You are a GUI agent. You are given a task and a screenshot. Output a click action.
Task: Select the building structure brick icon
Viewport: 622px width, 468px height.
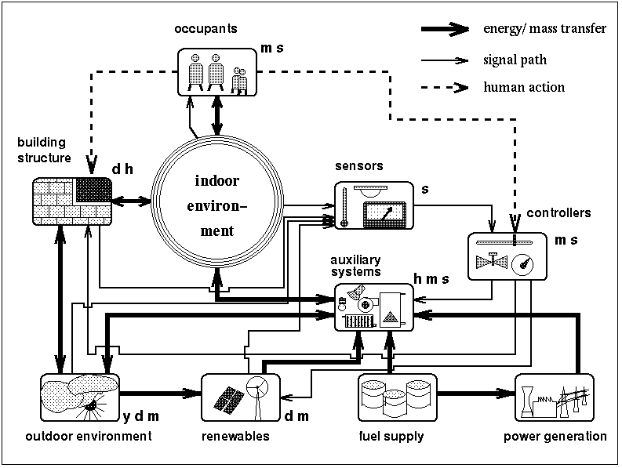(x=71, y=201)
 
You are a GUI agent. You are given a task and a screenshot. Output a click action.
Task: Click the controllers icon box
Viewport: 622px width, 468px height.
(x=505, y=256)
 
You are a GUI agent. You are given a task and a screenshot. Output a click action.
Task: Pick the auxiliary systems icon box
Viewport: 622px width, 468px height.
(x=373, y=307)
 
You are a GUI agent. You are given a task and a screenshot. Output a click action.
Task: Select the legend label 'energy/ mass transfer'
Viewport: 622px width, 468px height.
(x=545, y=30)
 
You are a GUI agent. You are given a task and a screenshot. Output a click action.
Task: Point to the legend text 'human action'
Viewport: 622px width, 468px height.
(x=524, y=87)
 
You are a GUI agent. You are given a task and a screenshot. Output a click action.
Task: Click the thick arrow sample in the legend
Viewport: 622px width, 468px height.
(x=447, y=30)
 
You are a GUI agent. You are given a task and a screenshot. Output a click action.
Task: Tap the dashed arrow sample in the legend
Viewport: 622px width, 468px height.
(x=447, y=86)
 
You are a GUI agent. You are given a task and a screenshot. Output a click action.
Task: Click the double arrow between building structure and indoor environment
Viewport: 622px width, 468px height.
(x=131, y=202)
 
